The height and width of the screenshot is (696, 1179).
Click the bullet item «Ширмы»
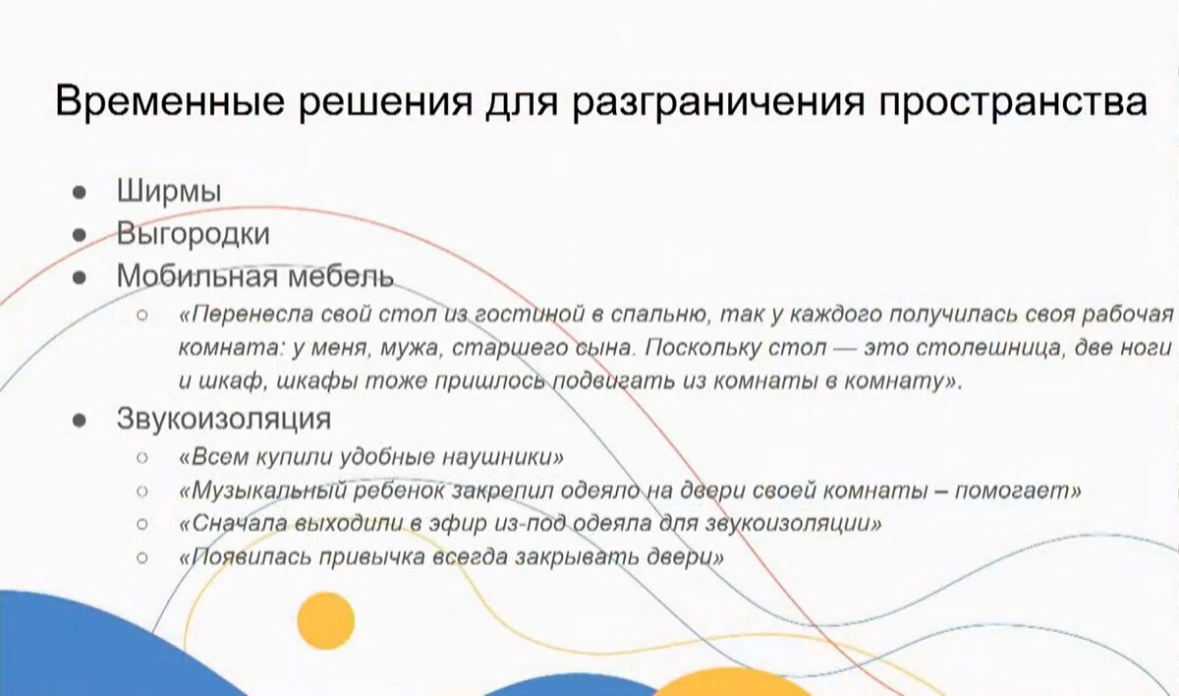click(168, 191)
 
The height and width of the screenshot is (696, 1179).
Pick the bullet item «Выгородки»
click(193, 234)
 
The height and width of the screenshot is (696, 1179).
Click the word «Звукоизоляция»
click(223, 418)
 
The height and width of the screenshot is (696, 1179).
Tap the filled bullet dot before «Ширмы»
click(79, 192)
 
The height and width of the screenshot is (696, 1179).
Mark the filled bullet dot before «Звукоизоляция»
click(79, 419)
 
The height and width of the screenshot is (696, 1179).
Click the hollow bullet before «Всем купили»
click(141, 458)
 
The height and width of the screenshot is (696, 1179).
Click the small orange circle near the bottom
click(324, 619)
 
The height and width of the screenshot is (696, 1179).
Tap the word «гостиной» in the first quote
click(528, 315)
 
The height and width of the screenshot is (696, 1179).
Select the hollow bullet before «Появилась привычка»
click(141, 557)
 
